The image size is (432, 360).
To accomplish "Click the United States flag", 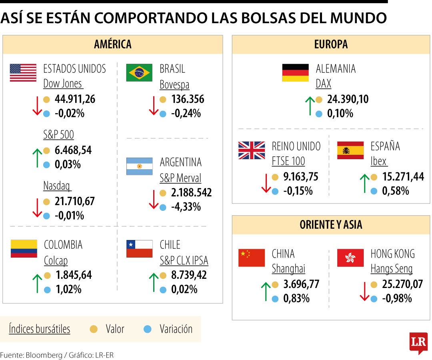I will tap(23, 73).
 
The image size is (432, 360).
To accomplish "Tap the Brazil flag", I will tap(139, 73).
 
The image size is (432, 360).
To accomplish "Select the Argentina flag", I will tap(139, 166).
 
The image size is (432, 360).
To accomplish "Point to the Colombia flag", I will tap(24, 248).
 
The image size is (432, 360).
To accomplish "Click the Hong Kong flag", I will tap(350, 258).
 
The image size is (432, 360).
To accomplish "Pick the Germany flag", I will tap(295, 73).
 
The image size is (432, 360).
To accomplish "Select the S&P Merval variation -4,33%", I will tap(186, 207).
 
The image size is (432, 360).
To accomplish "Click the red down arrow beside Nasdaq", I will tap(37, 208).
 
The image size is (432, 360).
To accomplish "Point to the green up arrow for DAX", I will tap(310, 106).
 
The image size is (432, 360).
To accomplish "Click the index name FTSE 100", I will tap(288, 161).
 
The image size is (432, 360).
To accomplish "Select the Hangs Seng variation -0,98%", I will tap(397, 298).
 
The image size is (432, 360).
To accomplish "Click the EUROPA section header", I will tap(331, 44).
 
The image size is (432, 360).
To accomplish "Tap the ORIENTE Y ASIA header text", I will tap(331, 225).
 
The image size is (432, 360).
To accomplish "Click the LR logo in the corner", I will tap(418, 342).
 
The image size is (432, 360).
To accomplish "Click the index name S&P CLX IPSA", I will tap(184, 261).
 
